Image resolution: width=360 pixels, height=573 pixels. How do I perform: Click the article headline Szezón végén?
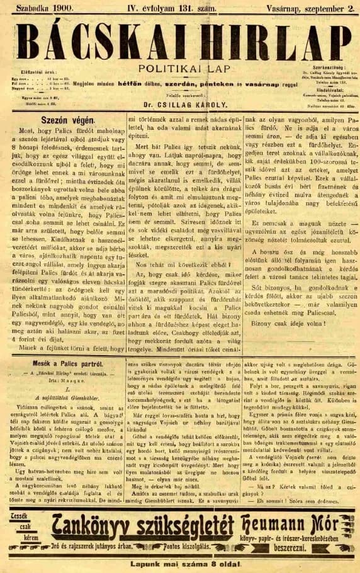click(58, 120)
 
